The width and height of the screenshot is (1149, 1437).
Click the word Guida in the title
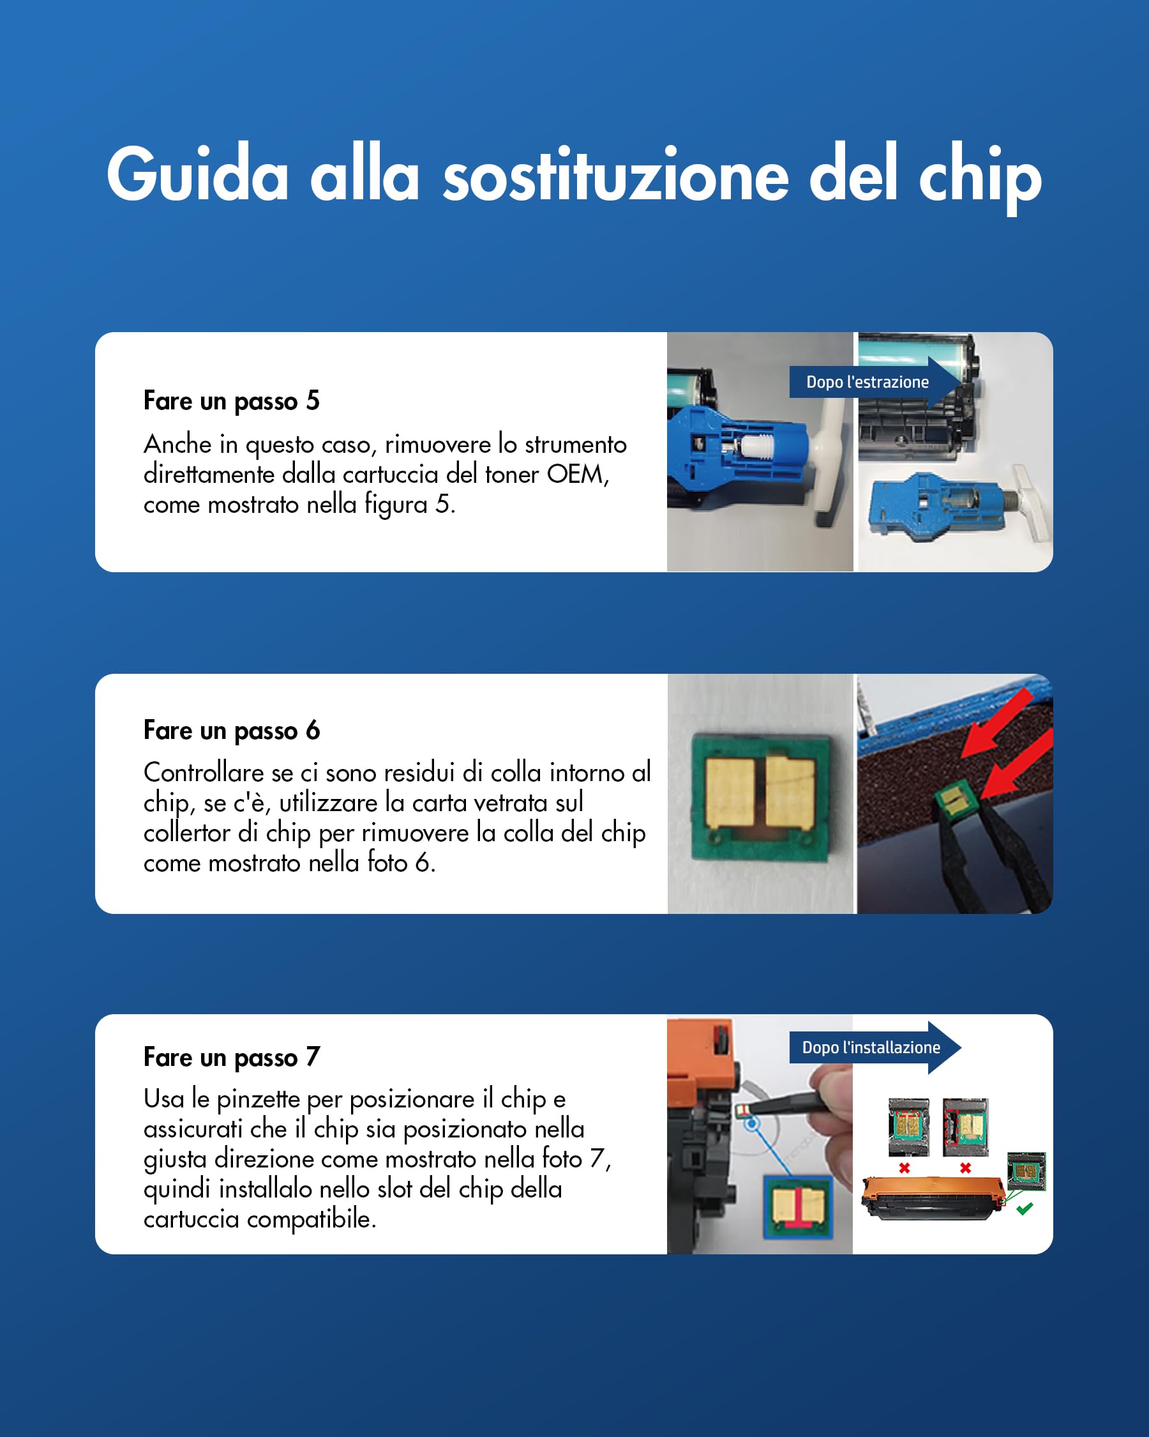197,174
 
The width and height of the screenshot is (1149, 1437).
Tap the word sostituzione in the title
615,174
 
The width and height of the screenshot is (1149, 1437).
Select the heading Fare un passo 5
231,400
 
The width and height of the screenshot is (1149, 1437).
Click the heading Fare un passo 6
231,730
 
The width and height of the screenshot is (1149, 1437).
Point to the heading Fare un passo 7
231,1056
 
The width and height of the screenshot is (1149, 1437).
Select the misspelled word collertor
200,832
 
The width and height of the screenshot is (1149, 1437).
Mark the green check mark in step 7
1025,1208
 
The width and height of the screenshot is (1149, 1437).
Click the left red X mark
904,1167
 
